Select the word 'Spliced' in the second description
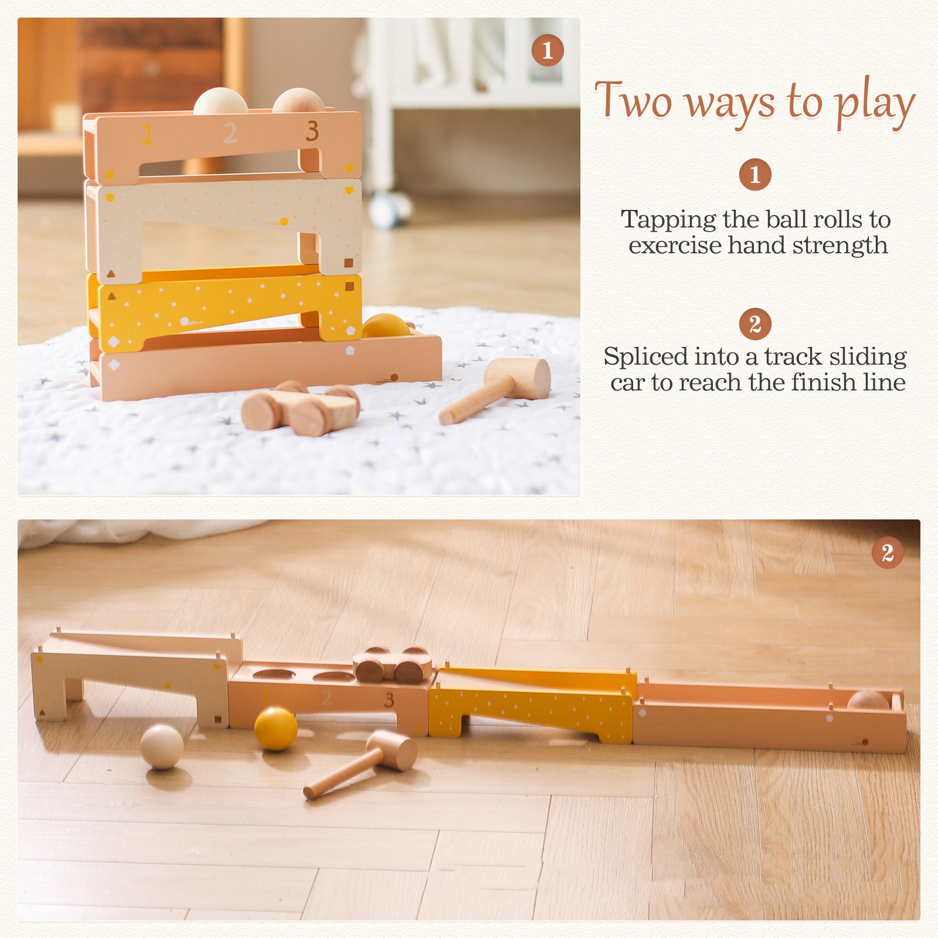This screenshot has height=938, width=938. point(646,356)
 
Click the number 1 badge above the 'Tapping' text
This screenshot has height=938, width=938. point(755,174)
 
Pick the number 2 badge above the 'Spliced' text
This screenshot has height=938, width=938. point(755,324)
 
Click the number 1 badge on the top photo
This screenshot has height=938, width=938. point(548,50)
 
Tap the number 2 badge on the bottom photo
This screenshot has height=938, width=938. point(888,552)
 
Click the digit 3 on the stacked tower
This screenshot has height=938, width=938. point(312,131)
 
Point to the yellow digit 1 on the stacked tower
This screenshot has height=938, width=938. point(147,134)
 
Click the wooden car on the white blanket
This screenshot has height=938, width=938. point(301,408)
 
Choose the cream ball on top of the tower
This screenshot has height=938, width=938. point(220,101)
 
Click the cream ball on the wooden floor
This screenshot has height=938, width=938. point(162,747)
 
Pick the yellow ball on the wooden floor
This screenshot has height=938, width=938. point(276,729)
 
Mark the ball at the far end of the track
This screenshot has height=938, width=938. point(868,701)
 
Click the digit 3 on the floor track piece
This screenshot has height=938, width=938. point(389,699)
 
